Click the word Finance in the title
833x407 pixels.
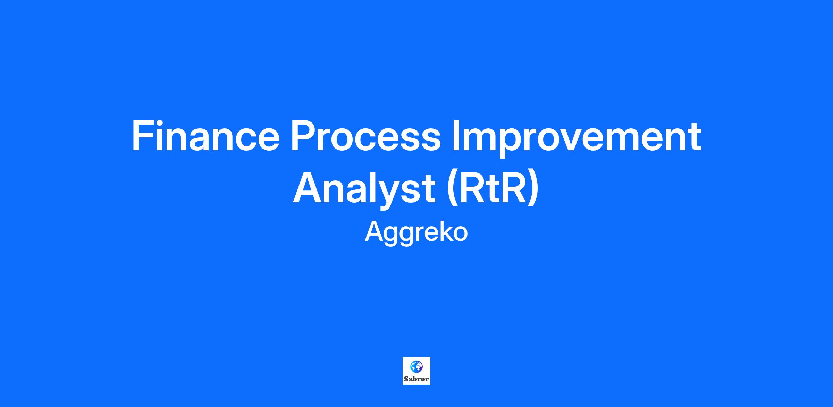[205, 136]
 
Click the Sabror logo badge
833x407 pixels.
[416, 371]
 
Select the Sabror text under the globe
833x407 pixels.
[416, 379]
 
